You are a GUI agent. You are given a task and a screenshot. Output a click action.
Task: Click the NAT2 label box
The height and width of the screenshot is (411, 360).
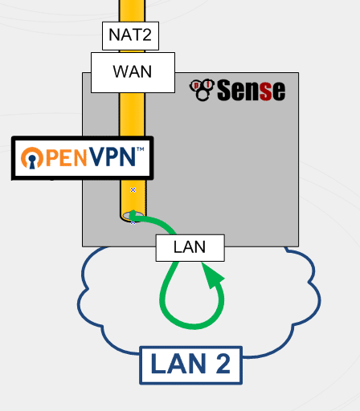[130, 36]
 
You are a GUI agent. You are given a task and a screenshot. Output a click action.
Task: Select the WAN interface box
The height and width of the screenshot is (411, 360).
[133, 72]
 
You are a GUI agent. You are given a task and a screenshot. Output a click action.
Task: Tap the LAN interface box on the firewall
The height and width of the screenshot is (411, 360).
[190, 248]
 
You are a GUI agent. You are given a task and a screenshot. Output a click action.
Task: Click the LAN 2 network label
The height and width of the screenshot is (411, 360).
[191, 365]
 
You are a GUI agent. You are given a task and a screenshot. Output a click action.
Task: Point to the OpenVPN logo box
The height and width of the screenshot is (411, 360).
[83, 158]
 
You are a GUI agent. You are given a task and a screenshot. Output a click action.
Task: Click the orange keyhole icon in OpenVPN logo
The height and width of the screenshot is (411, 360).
[32, 158]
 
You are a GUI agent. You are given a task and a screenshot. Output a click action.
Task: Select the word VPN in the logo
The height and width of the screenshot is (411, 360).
[112, 157]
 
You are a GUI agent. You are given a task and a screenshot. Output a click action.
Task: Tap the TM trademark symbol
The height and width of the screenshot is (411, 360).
[141, 149]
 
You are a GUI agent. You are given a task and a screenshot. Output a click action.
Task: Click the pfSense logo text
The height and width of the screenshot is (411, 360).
[251, 90]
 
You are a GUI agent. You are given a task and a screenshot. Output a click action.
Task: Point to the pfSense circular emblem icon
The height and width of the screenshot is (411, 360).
[202, 90]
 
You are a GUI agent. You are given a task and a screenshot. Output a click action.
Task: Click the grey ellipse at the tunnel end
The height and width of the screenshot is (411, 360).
[133, 215]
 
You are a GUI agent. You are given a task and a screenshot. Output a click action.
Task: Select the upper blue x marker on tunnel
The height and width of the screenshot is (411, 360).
[133, 189]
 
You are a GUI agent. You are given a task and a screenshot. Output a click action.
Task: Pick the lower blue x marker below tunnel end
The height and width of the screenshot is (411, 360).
[133, 222]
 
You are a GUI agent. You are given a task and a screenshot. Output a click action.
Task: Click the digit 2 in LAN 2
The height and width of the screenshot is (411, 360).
[223, 364]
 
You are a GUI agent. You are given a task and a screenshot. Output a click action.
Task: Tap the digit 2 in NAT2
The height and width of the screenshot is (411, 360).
[147, 35]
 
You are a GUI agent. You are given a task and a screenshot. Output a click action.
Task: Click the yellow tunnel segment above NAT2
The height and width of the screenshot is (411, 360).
[132, 10]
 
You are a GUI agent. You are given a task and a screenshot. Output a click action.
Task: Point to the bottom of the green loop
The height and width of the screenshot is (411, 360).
[192, 327]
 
